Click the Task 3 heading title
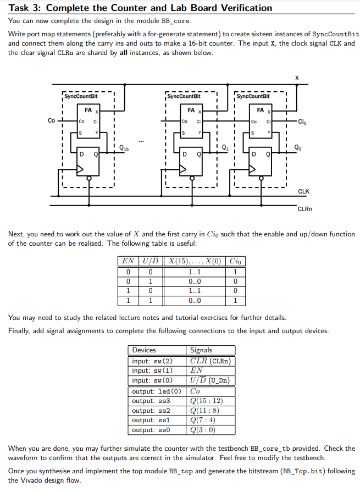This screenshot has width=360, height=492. [140, 8]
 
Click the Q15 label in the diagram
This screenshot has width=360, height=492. [125, 147]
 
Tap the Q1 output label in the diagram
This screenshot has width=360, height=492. [226, 147]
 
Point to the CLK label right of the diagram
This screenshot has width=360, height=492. [303, 191]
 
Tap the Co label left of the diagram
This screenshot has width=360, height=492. [51, 120]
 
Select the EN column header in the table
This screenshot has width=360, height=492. [128, 261]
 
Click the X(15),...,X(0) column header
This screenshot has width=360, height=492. [194, 261]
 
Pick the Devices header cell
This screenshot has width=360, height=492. [144, 350]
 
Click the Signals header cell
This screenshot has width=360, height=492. [201, 350]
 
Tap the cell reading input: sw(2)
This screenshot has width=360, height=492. [153, 361]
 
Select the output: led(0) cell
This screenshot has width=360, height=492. [156, 391]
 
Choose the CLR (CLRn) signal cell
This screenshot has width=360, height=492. [210, 361]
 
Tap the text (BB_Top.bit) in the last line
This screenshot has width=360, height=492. [301, 471]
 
